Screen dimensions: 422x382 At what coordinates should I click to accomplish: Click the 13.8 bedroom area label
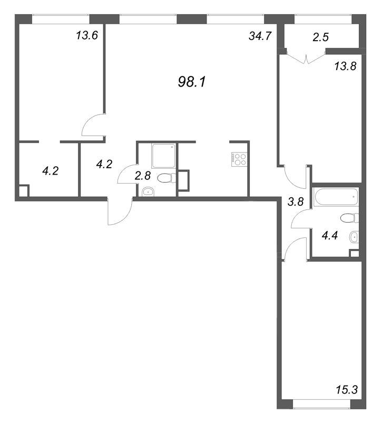(x=345, y=66)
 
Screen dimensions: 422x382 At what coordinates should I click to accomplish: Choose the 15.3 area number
(x=346, y=390)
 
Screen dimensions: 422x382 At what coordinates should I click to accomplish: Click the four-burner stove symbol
(x=239, y=159)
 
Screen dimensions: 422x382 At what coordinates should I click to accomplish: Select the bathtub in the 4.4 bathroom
(x=335, y=197)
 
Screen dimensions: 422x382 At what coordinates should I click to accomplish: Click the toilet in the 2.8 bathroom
(x=166, y=178)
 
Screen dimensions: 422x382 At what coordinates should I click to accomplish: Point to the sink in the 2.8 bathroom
(x=149, y=191)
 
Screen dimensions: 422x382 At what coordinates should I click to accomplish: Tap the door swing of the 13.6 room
(x=94, y=126)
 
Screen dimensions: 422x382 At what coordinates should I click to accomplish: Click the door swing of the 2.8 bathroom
(x=127, y=174)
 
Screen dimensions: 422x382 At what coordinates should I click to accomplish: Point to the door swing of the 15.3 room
(x=296, y=248)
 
